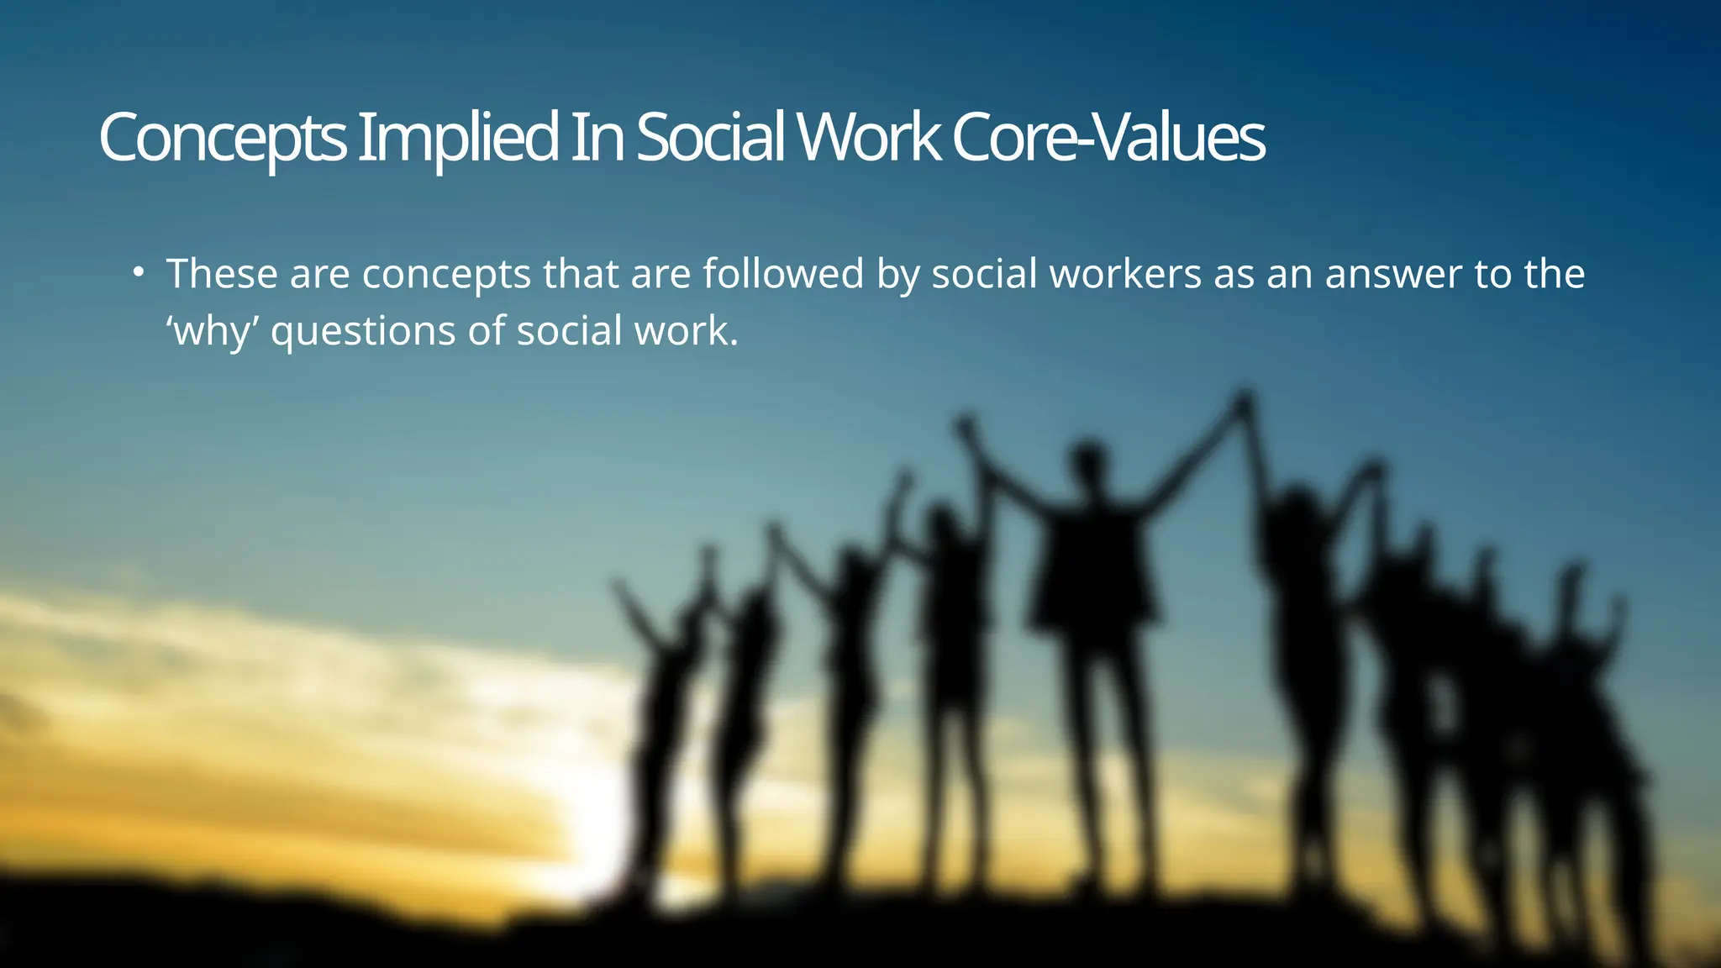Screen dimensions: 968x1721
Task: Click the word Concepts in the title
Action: click(x=223, y=139)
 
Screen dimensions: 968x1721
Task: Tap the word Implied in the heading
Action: click(x=458, y=139)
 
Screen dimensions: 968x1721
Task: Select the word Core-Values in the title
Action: click(x=1108, y=139)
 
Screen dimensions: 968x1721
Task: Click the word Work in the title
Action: click(x=869, y=139)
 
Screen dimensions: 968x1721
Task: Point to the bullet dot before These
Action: click(x=139, y=273)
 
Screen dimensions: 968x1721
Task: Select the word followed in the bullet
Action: click(x=783, y=274)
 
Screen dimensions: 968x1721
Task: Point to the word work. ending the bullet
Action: click(x=686, y=331)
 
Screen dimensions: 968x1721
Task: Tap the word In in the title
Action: click(x=597, y=139)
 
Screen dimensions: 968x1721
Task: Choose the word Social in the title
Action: click(x=710, y=139)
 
